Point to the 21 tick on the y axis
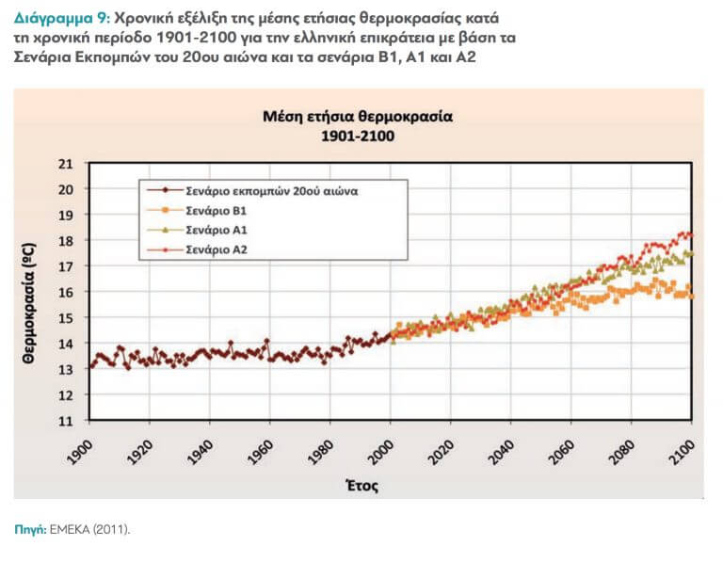click(65, 163)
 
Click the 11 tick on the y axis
click(65, 421)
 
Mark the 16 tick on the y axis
click(65, 292)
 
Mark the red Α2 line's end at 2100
click(691, 234)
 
